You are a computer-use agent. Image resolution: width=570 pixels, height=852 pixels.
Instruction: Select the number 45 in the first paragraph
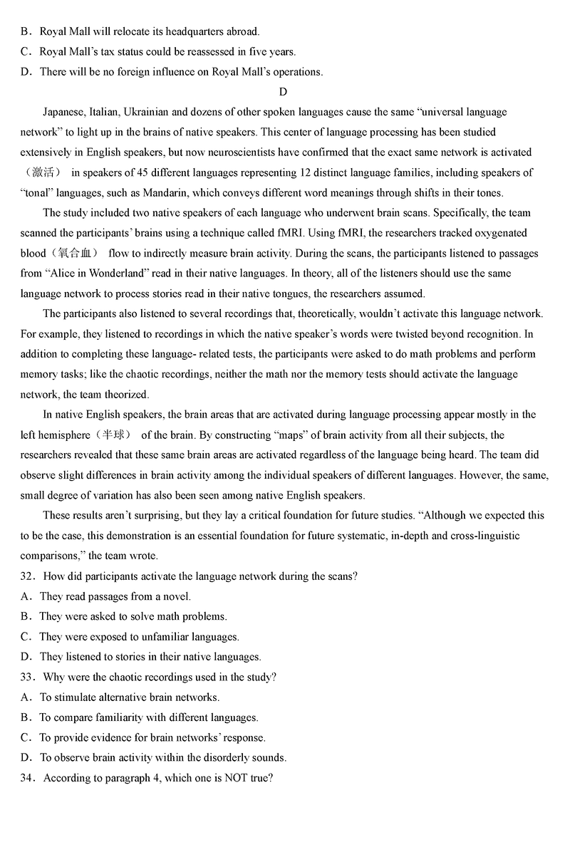pyautogui.click(x=123, y=172)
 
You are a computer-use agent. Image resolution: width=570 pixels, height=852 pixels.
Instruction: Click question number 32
pyautogui.click(x=28, y=576)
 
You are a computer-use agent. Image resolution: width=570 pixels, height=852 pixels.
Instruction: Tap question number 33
pyautogui.click(x=28, y=677)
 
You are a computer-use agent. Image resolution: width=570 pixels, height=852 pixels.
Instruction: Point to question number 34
pyautogui.click(x=28, y=778)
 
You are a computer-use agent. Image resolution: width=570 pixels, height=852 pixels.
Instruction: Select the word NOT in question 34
pyautogui.click(x=237, y=778)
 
